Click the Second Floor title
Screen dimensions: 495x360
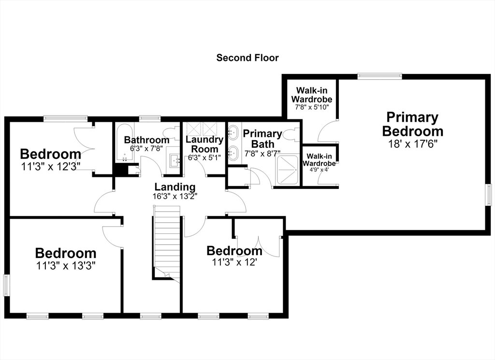click(x=247, y=58)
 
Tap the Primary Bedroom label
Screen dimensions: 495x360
click(x=413, y=124)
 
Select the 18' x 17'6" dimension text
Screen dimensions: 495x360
click(x=412, y=144)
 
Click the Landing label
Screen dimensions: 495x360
click(x=175, y=187)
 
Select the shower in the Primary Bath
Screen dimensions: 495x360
click(x=287, y=170)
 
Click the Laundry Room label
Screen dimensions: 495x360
click(x=204, y=144)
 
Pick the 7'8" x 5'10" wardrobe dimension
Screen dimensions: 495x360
click(x=312, y=107)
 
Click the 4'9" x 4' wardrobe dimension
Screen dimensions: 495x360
click(x=319, y=170)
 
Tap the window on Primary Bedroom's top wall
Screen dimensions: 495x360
click(x=380, y=76)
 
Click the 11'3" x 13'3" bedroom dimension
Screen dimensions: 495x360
click(x=66, y=266)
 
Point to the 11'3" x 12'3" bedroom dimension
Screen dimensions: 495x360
click(x=51, y=166)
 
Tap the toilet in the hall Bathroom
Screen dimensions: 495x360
click(x=171, y=131)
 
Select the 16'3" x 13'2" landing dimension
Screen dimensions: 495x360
click(x=175, y=196)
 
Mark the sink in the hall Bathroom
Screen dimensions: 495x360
click(x=174, y=160)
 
